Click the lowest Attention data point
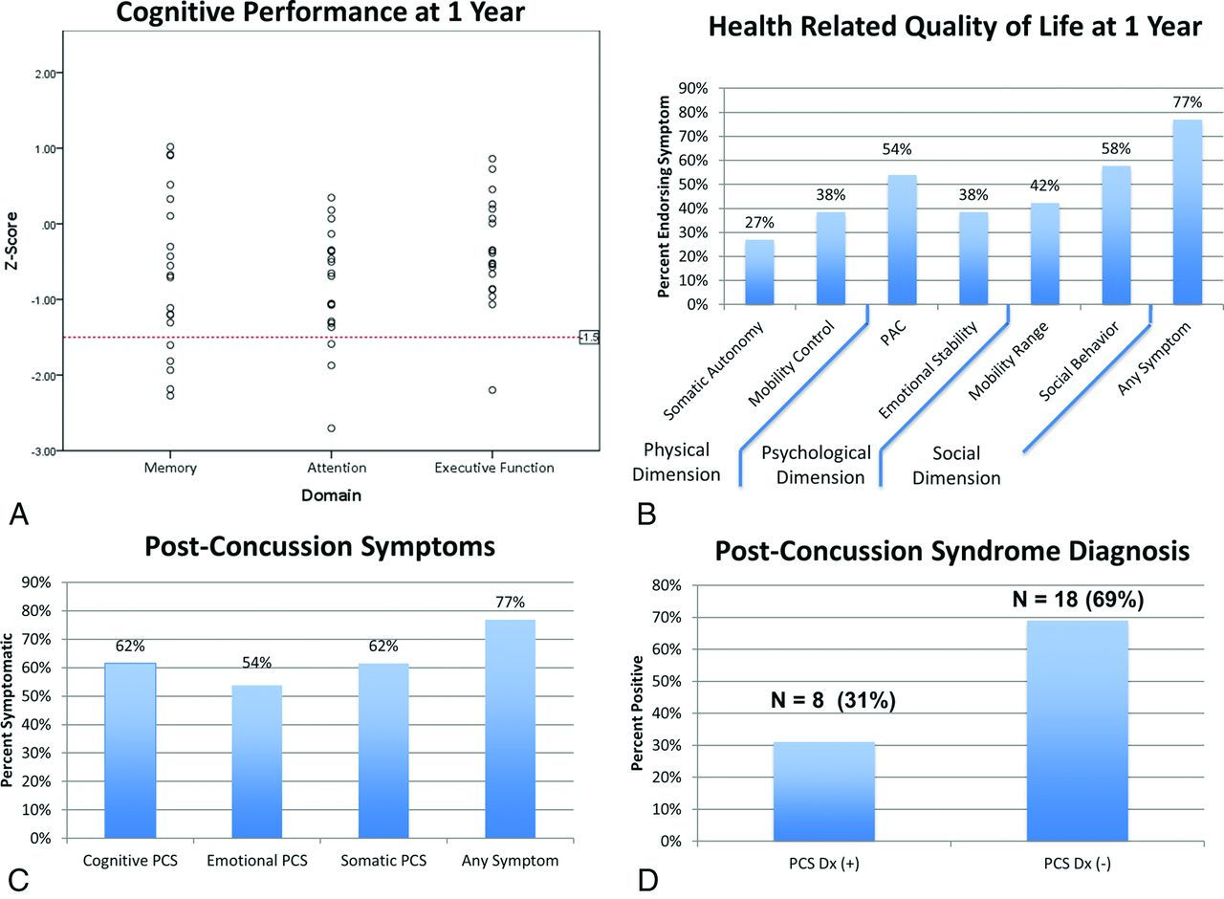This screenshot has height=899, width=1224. [331, 428]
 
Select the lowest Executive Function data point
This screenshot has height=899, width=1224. [492, 389]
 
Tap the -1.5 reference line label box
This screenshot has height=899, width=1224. [589, 338]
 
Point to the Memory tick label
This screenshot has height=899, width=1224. [170, 468]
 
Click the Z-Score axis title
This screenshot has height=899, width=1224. [11, 241]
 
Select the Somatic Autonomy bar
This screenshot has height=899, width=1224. [759, 273]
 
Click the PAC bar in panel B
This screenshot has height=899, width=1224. [902, 240]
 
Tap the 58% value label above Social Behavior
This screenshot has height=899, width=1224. [1116, 148]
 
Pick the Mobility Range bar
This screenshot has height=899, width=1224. [1045, 254]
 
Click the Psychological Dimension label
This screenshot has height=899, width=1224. [818, 465]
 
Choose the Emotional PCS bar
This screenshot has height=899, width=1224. [257, 761]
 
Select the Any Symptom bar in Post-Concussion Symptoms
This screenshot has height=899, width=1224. [511, 729]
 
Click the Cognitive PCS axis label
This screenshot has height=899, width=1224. [130, 861]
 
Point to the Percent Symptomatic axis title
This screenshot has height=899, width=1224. [7, 711]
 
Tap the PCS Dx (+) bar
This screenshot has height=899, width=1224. [824, 791]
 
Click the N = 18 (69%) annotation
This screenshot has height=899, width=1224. [1078, 599]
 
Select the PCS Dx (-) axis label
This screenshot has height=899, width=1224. [1077, 864]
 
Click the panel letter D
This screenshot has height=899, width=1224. [647, 880]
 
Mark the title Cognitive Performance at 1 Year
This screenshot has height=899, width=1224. [320, 12]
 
